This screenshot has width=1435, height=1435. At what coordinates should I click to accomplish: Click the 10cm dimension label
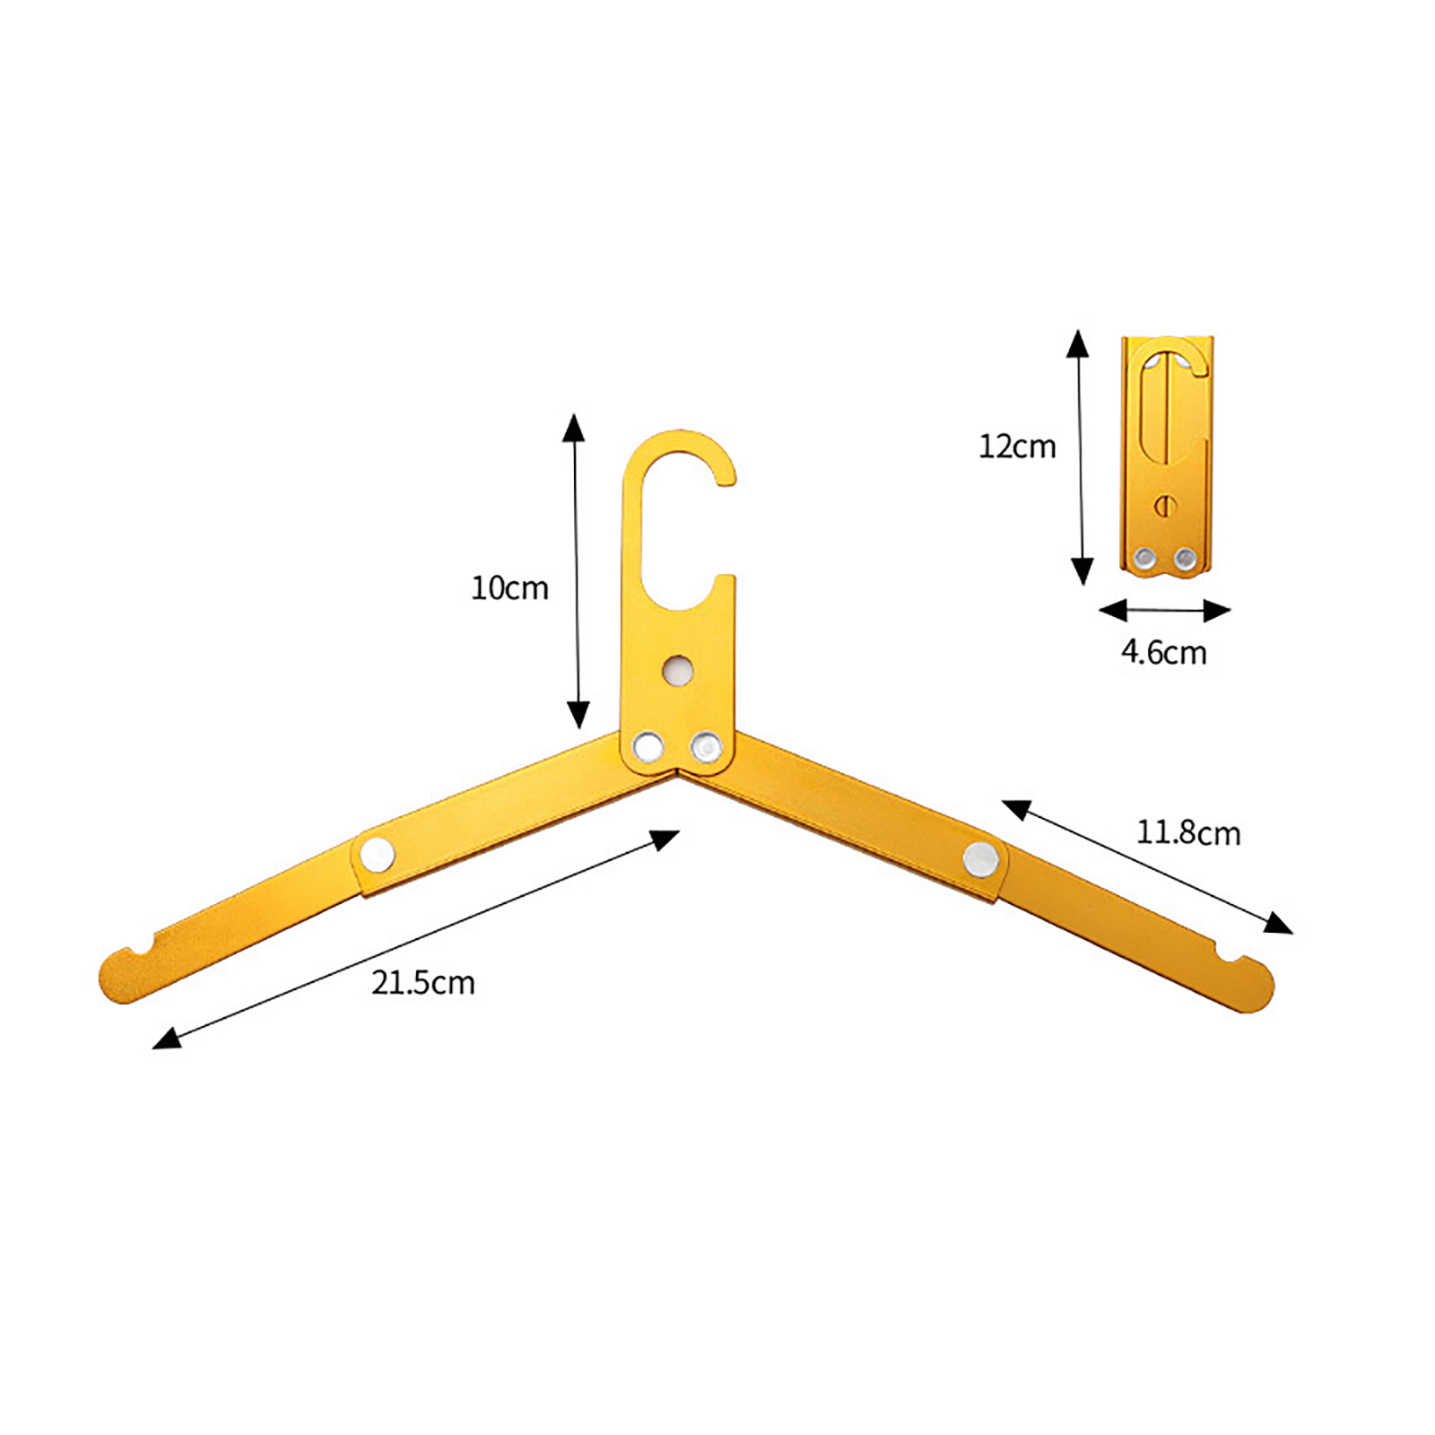coord(509,588)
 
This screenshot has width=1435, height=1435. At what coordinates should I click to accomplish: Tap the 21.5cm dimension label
coord(422,983)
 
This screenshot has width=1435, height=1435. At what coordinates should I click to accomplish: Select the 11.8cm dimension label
coord(1188,833)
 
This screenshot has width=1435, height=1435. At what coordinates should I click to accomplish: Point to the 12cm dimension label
coord(1017,447)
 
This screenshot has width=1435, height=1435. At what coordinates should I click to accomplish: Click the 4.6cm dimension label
coord(1163,652)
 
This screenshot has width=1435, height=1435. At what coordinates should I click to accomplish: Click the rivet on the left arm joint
coord(378,854)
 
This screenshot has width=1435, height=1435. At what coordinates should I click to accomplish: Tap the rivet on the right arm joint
coord(980,859)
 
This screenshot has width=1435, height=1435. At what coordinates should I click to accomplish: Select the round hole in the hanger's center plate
coord(678,669)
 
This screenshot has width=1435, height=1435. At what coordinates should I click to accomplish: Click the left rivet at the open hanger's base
coord(648,746)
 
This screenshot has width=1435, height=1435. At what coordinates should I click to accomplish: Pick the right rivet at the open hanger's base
coord(706,746)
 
